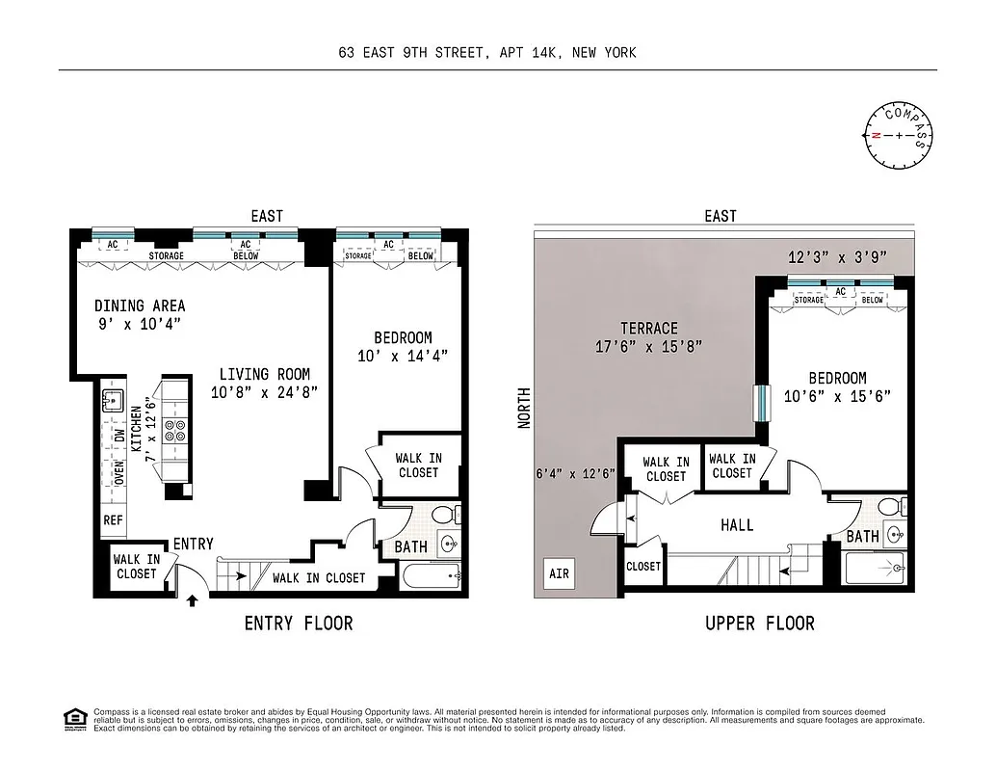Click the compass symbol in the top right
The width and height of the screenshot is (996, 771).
coord(899,135)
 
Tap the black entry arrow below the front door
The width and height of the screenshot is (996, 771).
coord(193,600)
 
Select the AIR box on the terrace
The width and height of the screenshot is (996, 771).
coord(559,573)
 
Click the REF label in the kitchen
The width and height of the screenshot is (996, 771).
coord(114,519)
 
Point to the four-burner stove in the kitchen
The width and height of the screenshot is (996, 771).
coord(176,430)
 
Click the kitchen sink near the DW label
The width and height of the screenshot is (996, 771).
coord(113,401)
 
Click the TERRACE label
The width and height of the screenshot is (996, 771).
coord(648,329)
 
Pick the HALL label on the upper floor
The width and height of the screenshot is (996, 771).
coord(737,525)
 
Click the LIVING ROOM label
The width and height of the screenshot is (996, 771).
coord(264,374)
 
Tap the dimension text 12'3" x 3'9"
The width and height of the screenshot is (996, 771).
coord(836,257)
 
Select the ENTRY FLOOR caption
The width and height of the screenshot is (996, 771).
coord(299,624)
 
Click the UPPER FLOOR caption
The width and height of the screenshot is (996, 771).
coord(759,624)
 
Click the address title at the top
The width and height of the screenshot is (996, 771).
coord(486,53)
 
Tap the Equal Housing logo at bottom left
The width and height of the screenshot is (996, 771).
coord(73,718)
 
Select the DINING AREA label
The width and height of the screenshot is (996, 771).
coord(140,306)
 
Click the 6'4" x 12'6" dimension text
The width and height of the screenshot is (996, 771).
coord(574,473)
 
